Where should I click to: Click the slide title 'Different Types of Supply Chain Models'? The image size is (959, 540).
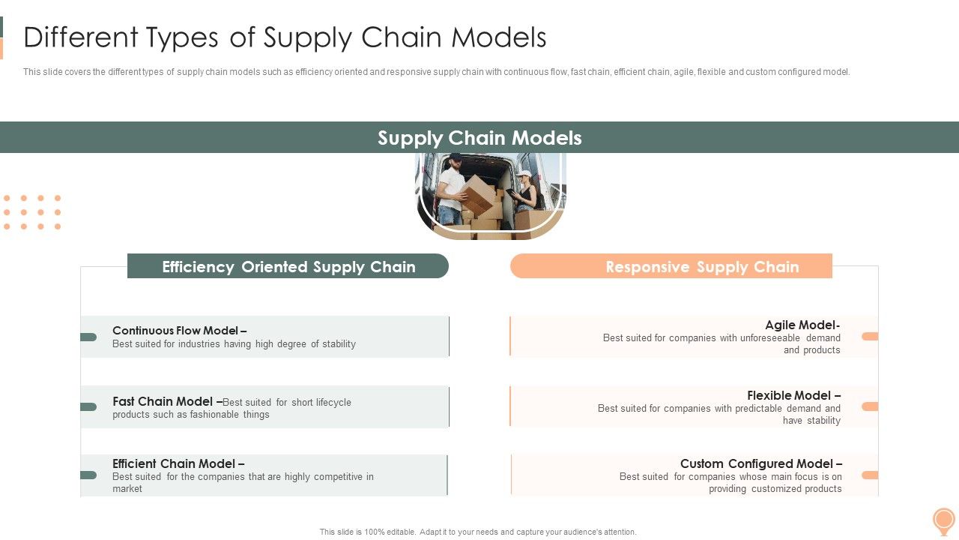pos(285,37)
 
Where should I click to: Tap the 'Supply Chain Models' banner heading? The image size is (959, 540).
pos(479,138)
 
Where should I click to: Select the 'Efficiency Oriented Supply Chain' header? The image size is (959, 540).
pos(288,267)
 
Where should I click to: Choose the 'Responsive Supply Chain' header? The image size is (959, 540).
pos(702,267)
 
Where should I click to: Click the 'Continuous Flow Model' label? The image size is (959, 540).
pos(179,331)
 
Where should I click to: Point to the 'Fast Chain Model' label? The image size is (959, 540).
pos(166,401)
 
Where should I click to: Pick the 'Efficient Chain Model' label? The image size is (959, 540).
pos(178,463)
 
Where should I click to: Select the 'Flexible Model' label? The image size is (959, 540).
pos(793,395)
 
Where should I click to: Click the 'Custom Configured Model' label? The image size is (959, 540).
pos(760,463)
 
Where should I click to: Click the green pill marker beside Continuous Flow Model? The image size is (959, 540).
pos(88,337)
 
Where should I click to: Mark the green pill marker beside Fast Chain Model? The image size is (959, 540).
pos(88,406)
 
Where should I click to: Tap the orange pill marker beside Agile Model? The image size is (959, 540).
pos(870,337)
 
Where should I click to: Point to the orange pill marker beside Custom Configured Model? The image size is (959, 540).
pos(870,475)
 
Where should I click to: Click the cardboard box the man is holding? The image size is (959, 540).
pos(478,193)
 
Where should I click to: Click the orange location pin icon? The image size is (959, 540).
pos(943,520)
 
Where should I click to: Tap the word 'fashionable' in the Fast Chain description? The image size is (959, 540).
pos(216,415)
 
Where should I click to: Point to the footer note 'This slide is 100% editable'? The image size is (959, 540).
pos(478,532)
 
